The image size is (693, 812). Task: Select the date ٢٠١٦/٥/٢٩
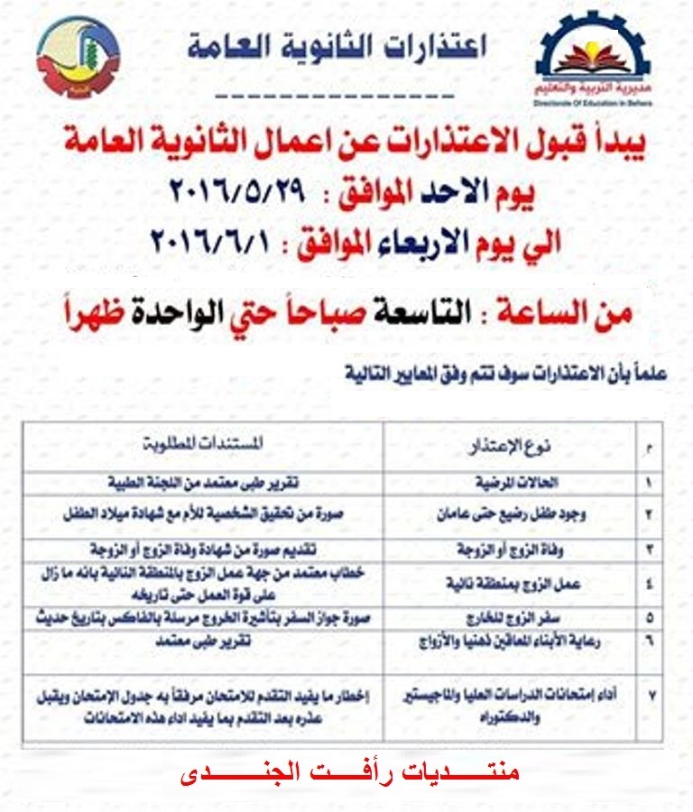click(x=239, y=192)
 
